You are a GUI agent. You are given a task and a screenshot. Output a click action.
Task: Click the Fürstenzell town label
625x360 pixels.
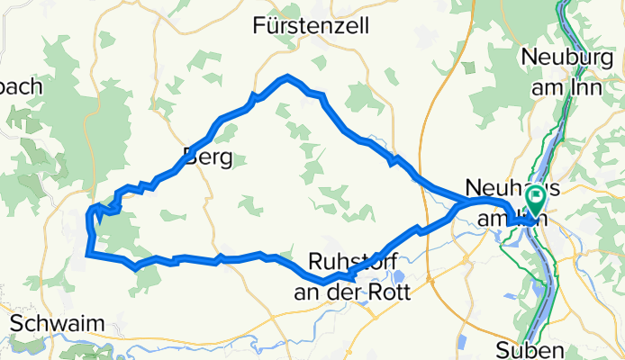(x=312, y=25)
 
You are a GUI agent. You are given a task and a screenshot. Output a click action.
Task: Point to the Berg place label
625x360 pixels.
(x=207, y=158)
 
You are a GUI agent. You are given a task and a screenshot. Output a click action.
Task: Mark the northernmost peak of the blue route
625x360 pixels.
(x=286, y=77)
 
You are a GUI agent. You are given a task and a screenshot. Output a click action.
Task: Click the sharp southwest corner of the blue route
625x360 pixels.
(x=87, y=256)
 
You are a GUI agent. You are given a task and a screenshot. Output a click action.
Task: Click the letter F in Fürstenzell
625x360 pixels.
(x=261, y=25)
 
